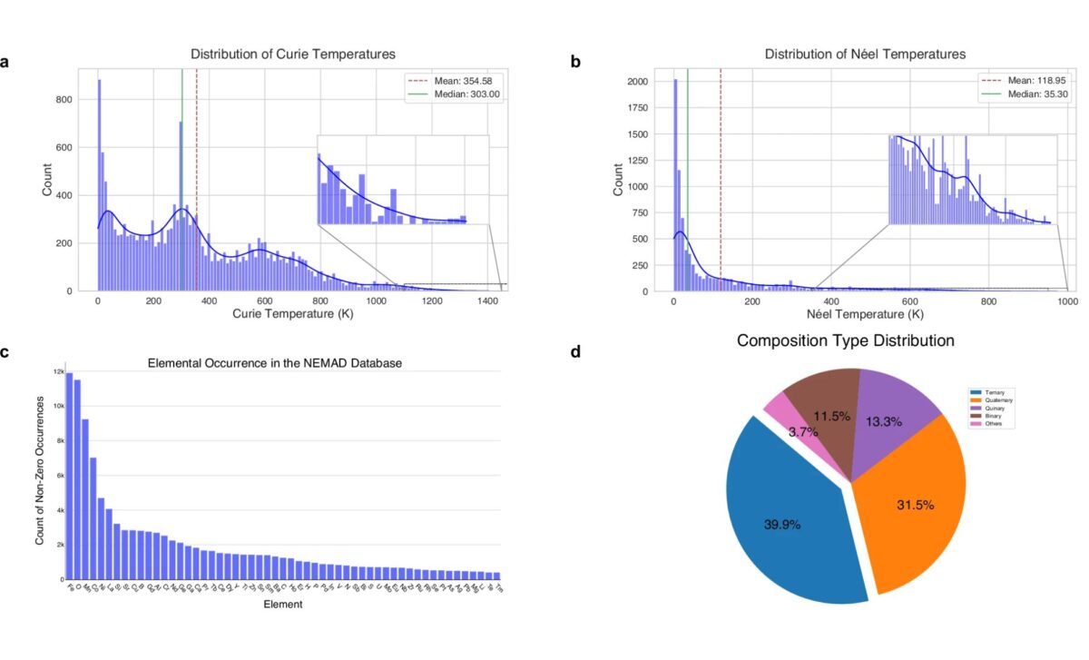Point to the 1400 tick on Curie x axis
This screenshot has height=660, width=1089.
click(x=486, y=301)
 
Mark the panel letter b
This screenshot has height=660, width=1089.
click(x=575, y=63)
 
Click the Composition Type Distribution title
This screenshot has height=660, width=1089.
click(x=845, y=341)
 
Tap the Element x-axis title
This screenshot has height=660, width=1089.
click(x=282, y=605)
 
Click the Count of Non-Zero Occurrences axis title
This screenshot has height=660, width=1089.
click(x=39, y=476)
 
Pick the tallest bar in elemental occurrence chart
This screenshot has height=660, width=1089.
click(x=69, y=476)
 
